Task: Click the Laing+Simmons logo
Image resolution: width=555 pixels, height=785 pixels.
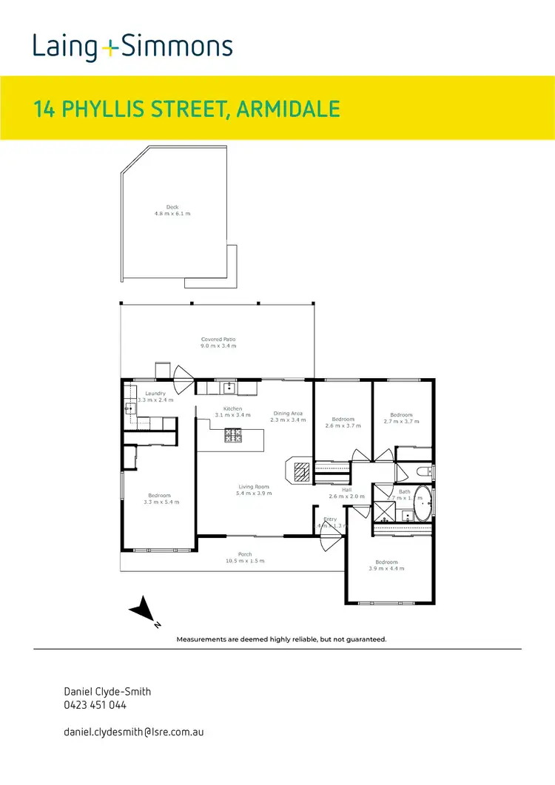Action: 132,47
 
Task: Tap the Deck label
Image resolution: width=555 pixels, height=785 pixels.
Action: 172,210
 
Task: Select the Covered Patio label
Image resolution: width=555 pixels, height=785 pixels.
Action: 218,343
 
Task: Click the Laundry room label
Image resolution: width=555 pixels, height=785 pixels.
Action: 155,397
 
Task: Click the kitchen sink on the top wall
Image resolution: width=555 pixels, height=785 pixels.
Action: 229,387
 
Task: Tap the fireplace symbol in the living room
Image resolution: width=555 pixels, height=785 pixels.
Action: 300,471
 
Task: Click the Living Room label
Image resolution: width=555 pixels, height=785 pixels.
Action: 253,490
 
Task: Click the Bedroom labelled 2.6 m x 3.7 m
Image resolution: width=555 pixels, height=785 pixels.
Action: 343,422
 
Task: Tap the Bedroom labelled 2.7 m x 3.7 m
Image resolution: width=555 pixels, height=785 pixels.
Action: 401,418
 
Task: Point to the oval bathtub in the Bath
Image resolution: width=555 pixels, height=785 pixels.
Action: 423,503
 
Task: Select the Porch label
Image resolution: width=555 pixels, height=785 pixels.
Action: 245,557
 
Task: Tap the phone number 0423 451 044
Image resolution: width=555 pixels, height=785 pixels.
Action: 95,705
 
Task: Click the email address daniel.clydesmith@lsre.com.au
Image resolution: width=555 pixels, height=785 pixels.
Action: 134,731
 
